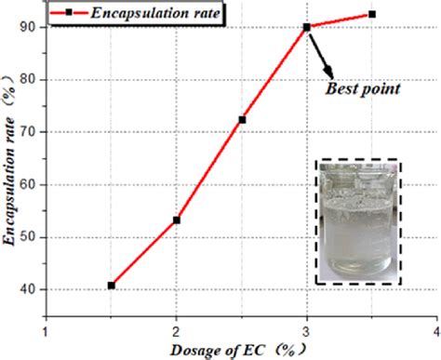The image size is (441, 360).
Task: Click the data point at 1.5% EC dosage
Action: pyautogui.click(x=112, y=285)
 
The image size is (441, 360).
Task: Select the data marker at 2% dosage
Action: pyautogui.click(x=177, y=220)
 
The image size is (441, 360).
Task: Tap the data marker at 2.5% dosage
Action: pyautogui.click(x=242, y=119)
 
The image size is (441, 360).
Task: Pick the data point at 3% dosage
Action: pyautogui.click(x=307, y=27)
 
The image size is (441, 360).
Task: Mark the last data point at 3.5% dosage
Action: pyautogui.click(x=372, y=14)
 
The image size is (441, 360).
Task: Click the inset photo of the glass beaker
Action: pyautogui.click(x=358, y=220)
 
